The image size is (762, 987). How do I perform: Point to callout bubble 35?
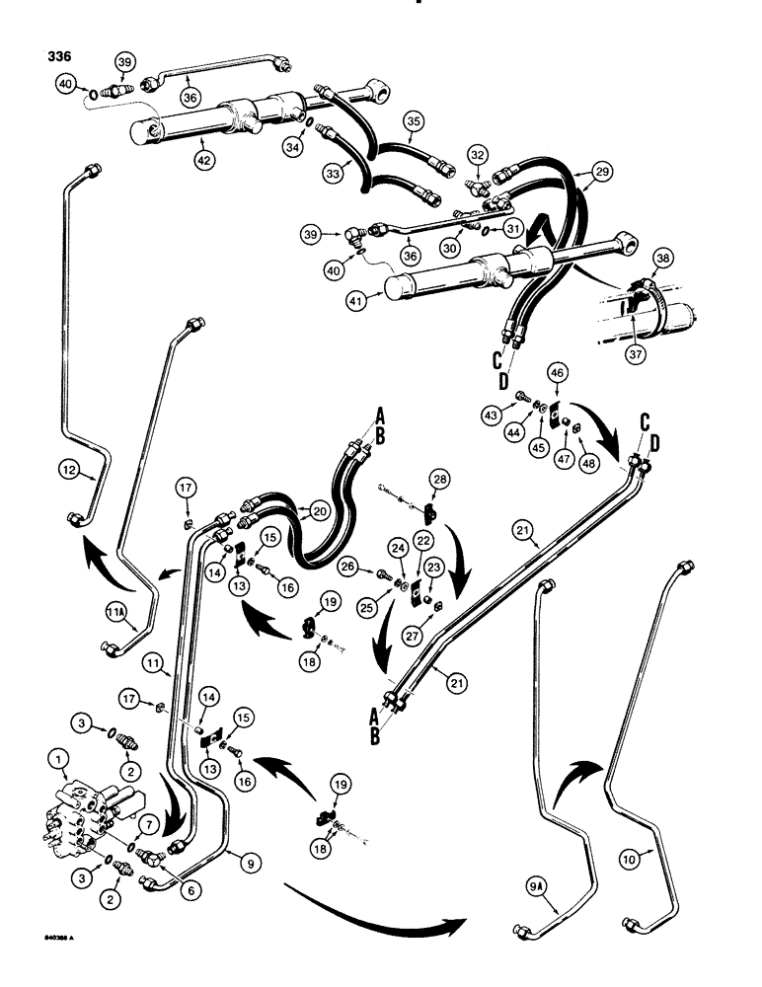(413, 121)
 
